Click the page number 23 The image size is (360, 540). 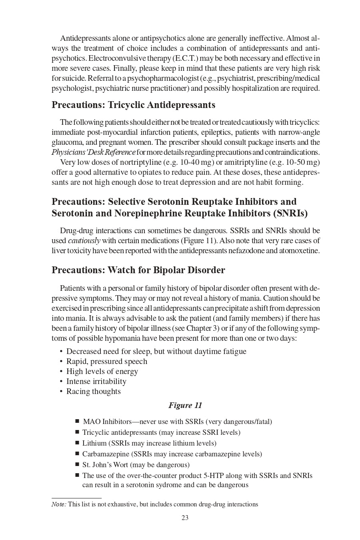click(x=185, y=518)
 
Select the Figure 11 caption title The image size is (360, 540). click(x=185, y=405)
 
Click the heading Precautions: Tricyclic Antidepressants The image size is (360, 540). click(x=133, y=105)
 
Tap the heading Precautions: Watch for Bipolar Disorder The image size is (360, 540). click(x=138, y=270)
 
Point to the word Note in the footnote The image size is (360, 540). click(x=58, y=504)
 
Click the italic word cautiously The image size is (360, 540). click(x=84, y=241)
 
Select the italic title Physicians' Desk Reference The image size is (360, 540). click(x=93, y=152)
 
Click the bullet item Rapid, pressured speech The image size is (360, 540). click(x=106, y=362)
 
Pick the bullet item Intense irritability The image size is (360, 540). click(x=96, y=382)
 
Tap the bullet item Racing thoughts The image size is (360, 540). click(x=93, y=392)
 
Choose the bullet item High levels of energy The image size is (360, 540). click(x=102, y=372)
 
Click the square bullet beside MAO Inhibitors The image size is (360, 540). click(x=77, y=421)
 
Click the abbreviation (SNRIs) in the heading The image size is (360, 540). click(x=291, y=213)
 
